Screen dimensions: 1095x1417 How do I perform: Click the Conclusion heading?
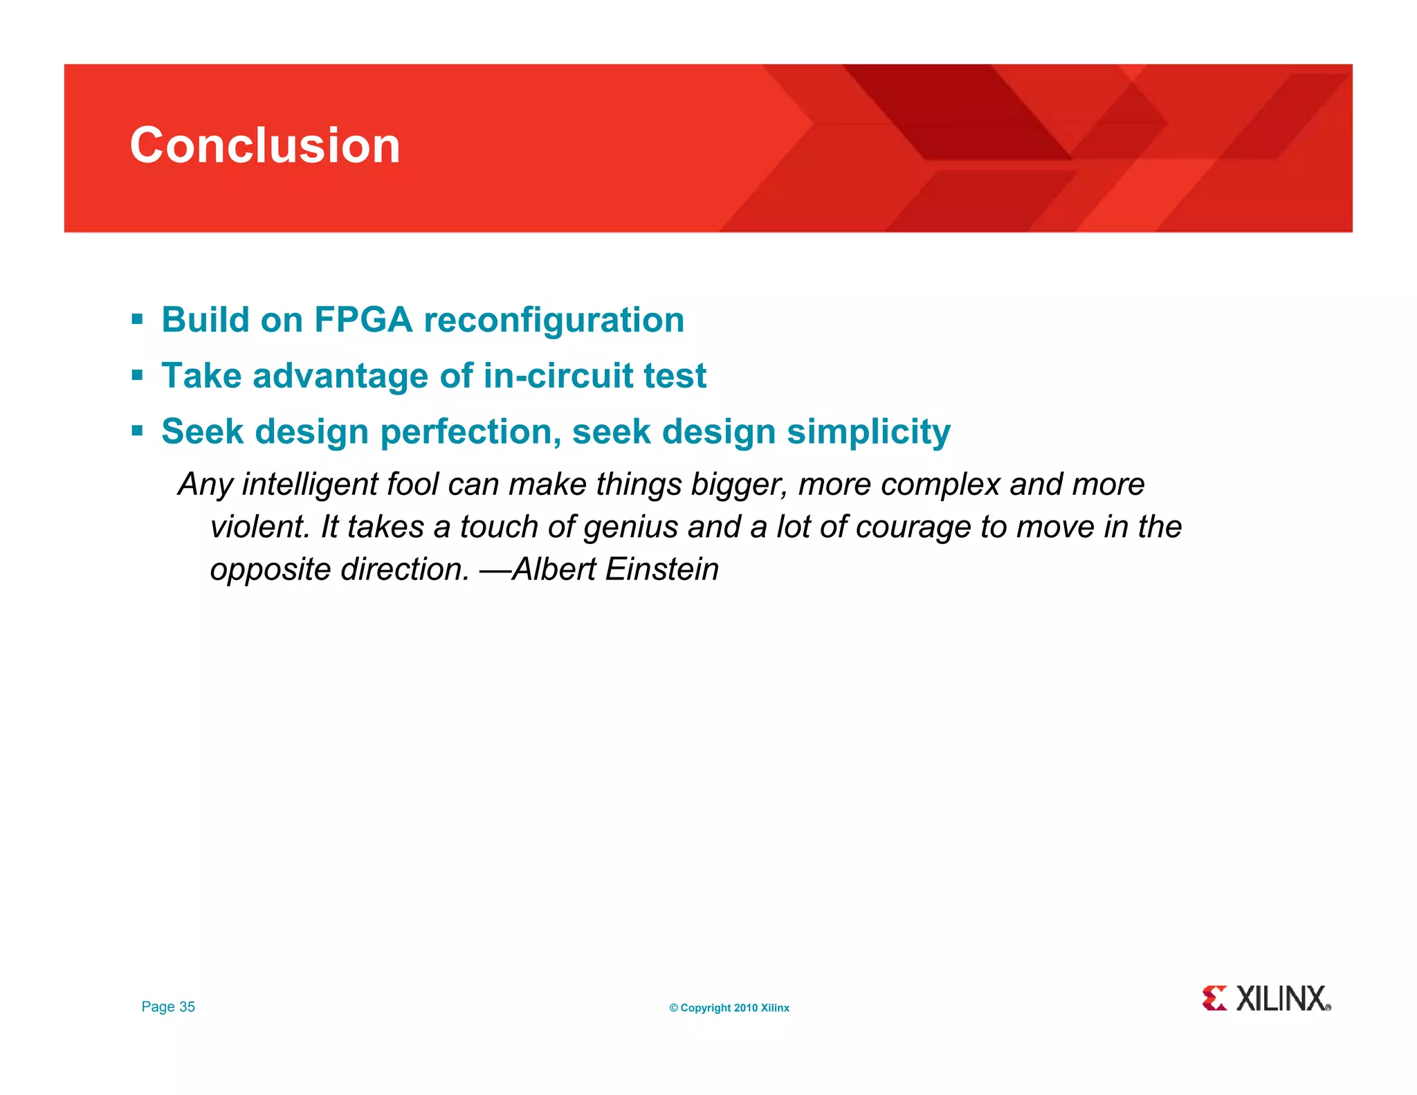click(x=265, y=145)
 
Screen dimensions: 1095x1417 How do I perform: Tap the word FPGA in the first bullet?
click(x=363, y=320)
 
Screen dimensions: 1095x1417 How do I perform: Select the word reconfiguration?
click(x=554, y=320)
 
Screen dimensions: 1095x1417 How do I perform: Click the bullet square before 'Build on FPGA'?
click(x=137, y=320)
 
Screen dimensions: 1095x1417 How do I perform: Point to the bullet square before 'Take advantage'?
click(x=137, y=376)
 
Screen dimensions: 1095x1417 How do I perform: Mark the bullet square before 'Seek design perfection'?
click(x=137, y=432)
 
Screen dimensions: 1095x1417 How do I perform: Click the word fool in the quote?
click(x=412, y=484)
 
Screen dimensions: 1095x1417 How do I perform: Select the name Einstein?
click(x=661, y=569)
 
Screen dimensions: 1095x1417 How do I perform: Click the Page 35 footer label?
click(x=168, y=1007)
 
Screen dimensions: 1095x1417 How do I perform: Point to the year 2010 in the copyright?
click(x=745, y=1008)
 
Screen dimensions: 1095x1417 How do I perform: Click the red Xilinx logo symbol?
click(x=1214, y=998)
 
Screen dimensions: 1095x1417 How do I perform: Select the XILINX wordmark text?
click(x=1281, y=999)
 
